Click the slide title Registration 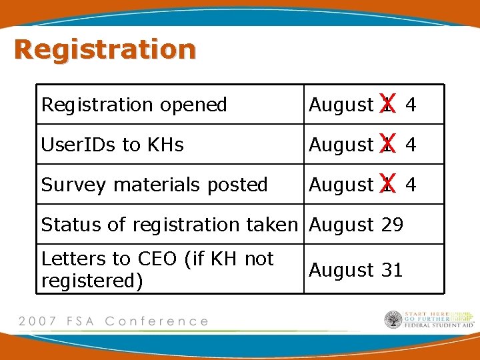(x=105, y=49)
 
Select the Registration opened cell (x=134, y=105)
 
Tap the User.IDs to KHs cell (x=112, y=145)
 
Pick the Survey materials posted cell (x=154, y=185)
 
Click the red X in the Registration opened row (x=388, y=103)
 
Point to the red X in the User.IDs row (x=388, y=143)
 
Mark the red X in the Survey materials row (x=388, y=183)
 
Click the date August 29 (x=356, y=225)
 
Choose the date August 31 (x=356, y=270)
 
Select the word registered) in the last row (x=92, y=281)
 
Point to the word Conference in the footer (x=157, y=321)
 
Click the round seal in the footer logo (x=393, y=320)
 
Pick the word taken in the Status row (x=273, y=225)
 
